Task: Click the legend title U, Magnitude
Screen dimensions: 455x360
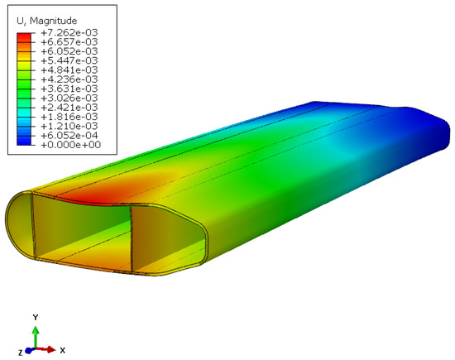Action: (x=46, y=21)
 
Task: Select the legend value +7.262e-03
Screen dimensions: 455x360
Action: (x=69, y=32)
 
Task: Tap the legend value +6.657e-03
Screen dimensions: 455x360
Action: (x=69, y=42)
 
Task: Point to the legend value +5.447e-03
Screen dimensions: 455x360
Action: (x=69, y=60)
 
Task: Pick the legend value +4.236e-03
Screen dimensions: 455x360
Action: (x=69, y=79)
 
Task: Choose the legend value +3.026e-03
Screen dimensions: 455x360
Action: (x=69, y=98)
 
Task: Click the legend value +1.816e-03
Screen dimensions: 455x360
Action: (x=69, y=117)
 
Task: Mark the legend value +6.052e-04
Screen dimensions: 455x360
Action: (x=69, y=135)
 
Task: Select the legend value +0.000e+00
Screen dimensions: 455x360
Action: (x=71, y=145)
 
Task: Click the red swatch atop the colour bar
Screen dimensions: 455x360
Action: (x=24, y=37)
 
